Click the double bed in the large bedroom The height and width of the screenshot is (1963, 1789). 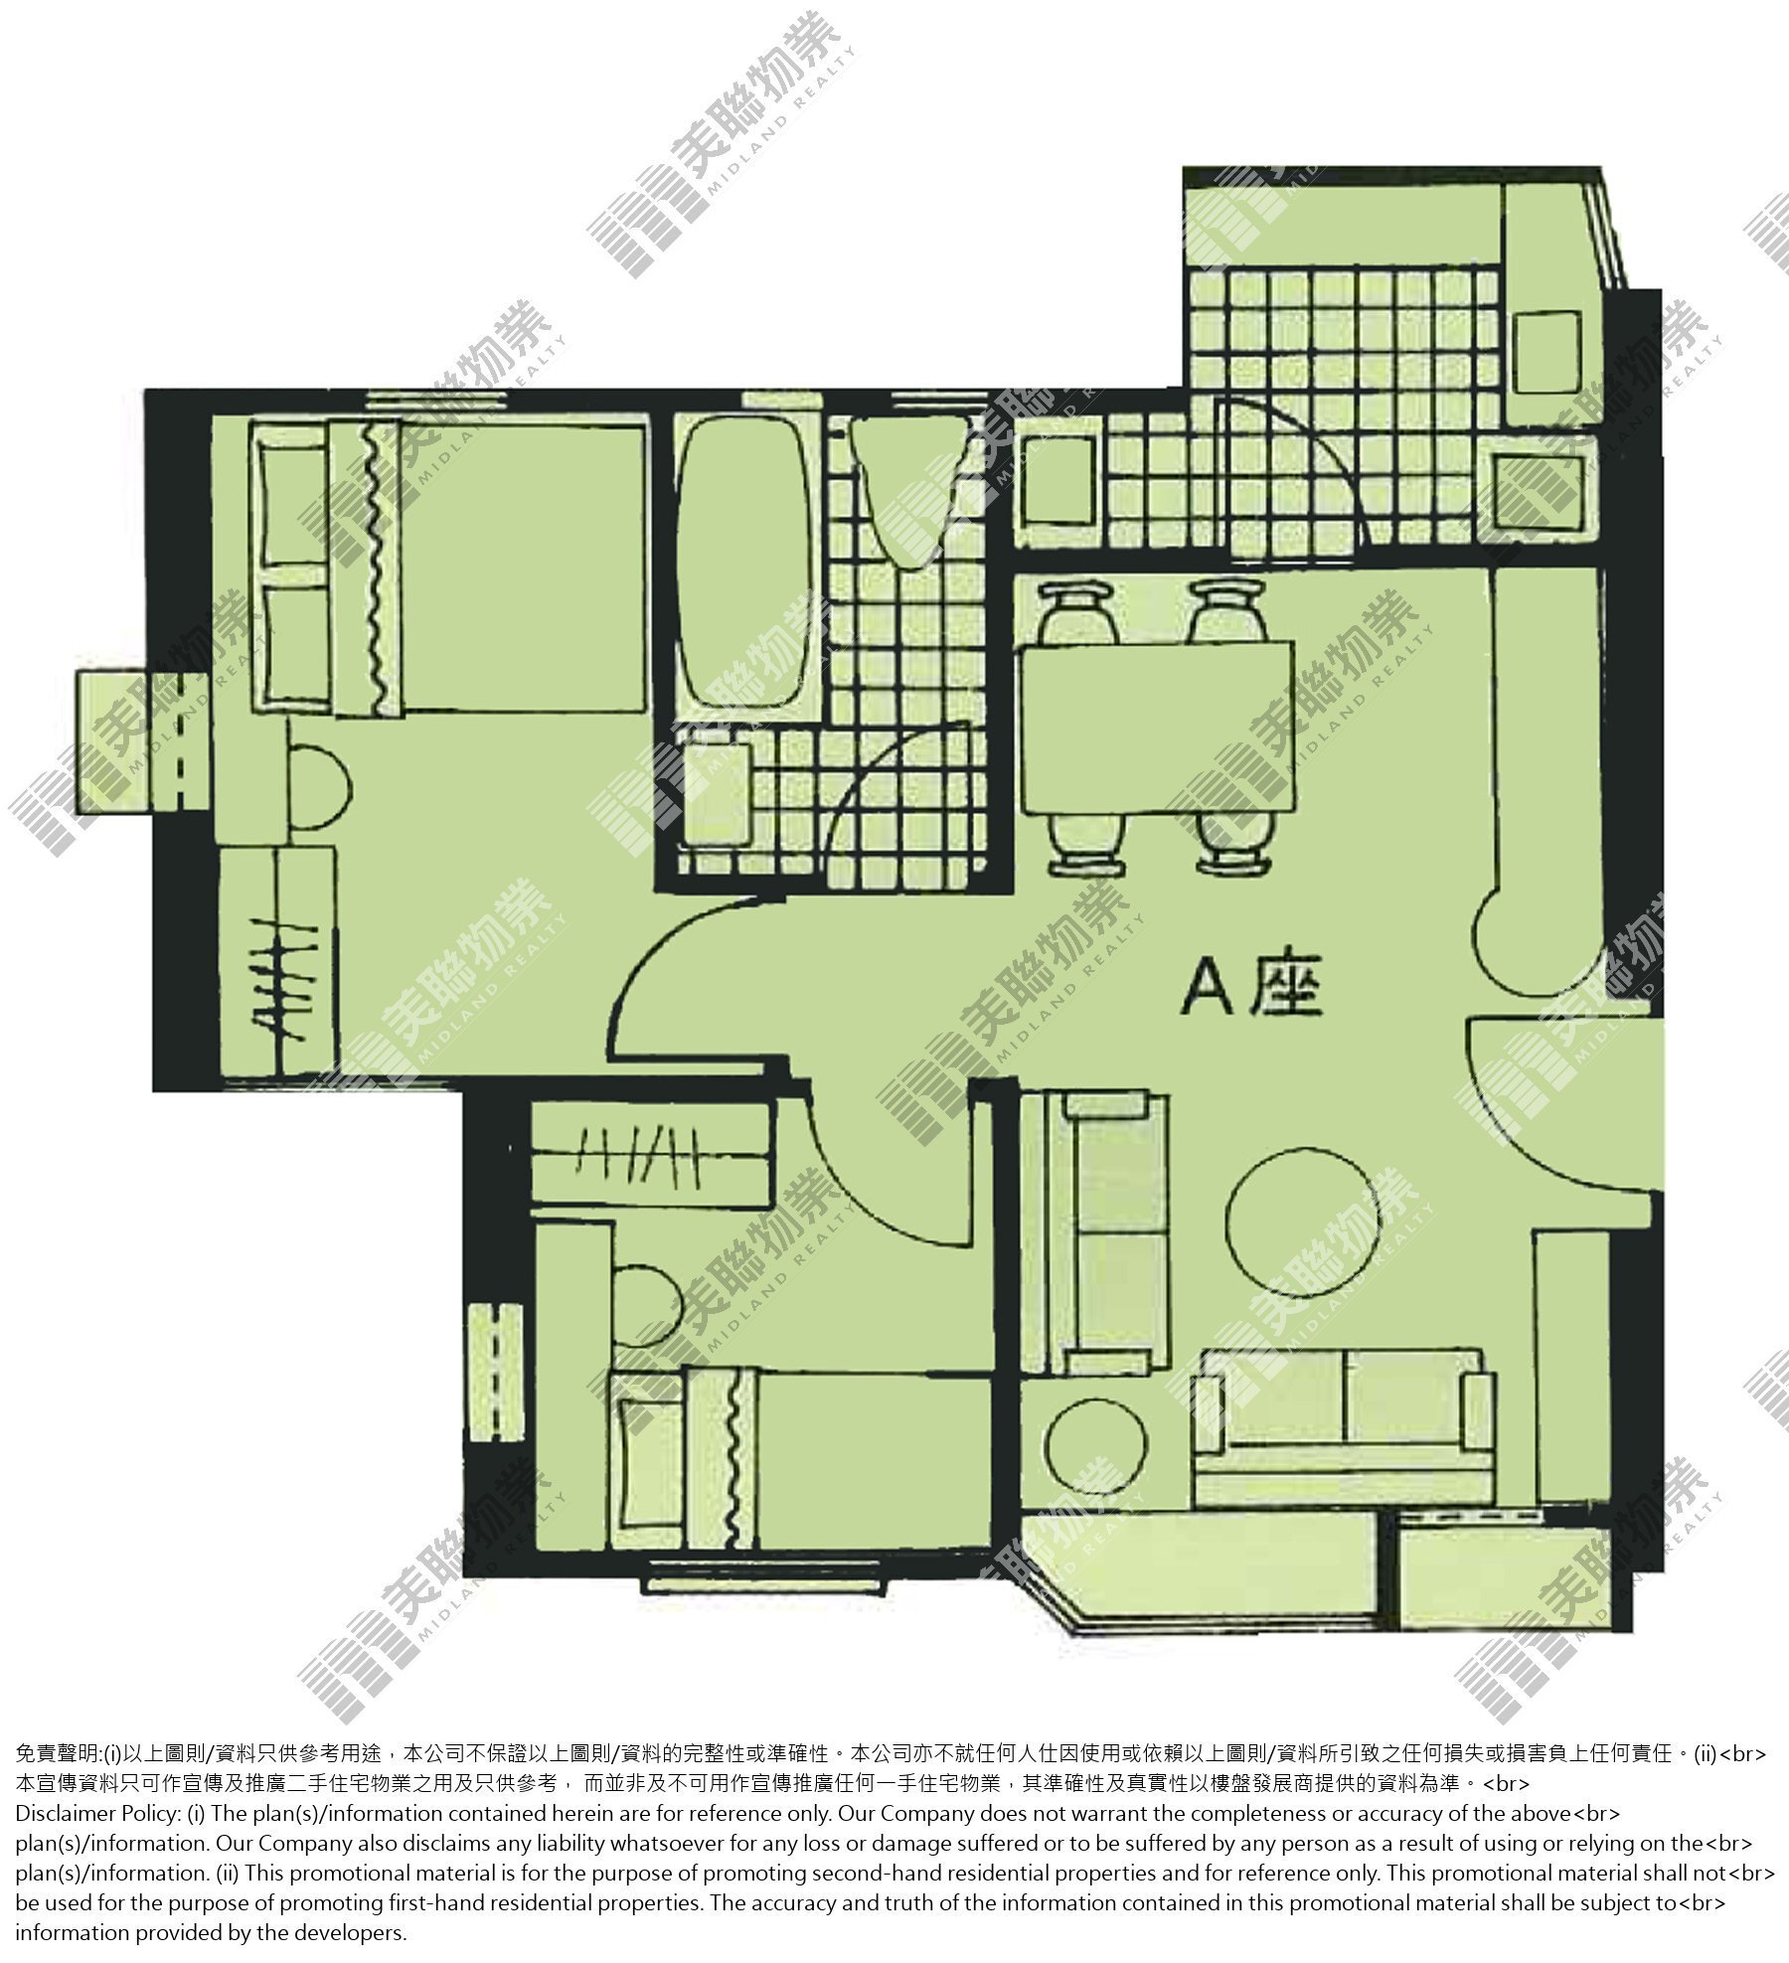447,567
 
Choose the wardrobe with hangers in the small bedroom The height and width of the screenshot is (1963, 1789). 652,1153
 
